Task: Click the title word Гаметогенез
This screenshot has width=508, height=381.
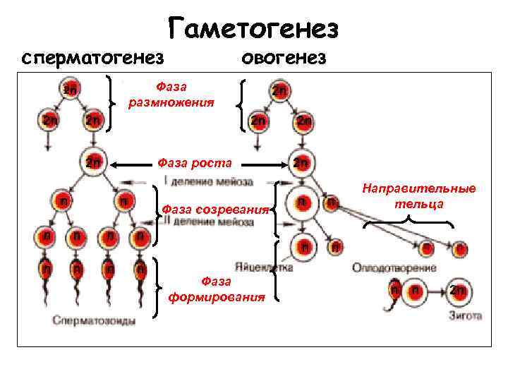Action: [x=254, y=30]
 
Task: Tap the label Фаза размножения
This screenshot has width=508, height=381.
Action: [x=171, y=95]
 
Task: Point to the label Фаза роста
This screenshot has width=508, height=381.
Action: [x=195, y=164]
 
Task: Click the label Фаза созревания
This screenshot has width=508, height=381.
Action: [x=215, y=210]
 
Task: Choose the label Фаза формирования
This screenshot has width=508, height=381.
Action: [x=217, y=289]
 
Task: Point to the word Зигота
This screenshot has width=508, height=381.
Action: [x=465, y=315]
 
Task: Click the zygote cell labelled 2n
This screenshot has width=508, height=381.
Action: [x=456, y=291]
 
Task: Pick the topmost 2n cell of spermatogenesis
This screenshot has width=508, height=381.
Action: [x=70, y=90]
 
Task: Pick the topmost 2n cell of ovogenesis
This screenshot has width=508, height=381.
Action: [x=279, y=92]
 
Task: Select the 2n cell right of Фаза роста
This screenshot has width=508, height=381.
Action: [x=300, y=164]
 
